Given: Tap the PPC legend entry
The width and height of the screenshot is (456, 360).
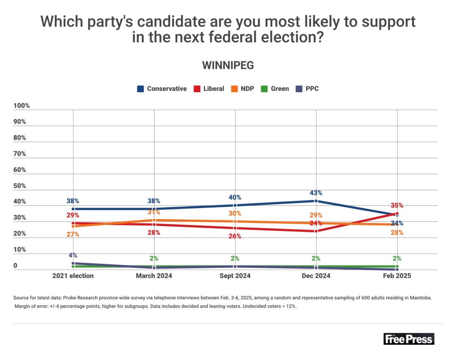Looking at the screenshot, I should click(308, 89).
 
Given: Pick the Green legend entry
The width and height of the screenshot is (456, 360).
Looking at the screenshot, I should click(275, 89).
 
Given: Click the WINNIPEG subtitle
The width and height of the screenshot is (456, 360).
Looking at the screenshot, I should click(228, 65).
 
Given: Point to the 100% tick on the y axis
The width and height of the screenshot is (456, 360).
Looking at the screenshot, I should click(21, 106).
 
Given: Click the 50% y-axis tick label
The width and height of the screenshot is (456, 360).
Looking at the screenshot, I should click(20, 186).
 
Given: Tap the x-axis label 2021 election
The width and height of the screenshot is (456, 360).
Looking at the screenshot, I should click(73, 276).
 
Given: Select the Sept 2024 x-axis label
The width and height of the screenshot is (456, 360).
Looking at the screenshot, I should click(235, 276).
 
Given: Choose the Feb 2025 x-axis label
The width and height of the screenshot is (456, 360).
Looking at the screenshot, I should click(397, 276).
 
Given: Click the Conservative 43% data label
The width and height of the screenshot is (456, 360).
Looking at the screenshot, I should click(316, 193).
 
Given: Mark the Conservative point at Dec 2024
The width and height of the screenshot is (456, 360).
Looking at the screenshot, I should click(316, 201).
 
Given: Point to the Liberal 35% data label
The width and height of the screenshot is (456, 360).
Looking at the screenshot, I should click(397, 205).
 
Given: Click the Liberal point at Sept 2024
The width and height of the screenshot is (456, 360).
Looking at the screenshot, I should click(235, 228).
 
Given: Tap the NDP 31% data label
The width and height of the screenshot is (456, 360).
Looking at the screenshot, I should click(154, 212).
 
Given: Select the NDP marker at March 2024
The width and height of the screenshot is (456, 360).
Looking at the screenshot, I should click(154, 220).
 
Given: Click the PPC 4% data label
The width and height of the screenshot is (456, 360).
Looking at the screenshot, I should click(73, 256).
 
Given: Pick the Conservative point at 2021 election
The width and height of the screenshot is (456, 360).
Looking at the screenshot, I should click(73, 209).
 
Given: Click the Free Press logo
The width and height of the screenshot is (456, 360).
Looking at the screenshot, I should click(409, 339).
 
